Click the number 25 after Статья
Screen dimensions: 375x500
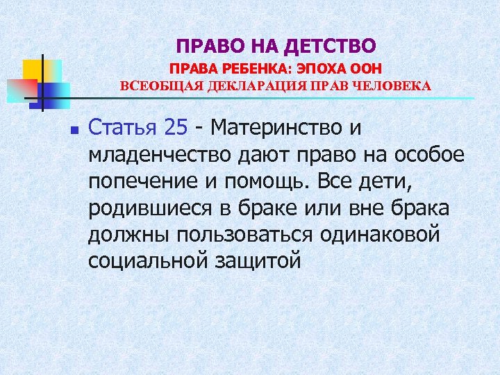[177, 128]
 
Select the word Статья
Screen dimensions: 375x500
[123, 128]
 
